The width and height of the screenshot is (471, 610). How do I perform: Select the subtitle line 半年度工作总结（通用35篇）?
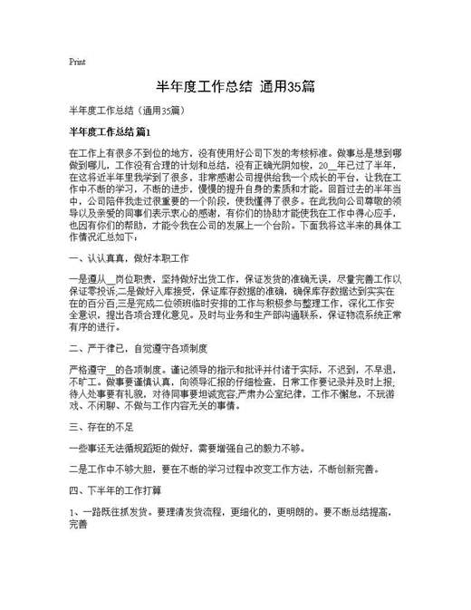coord(126,111)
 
